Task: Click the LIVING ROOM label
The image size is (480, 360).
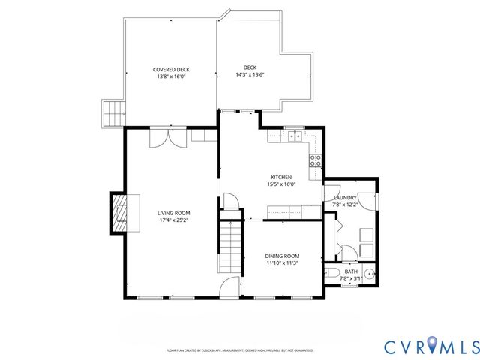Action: point(172,213)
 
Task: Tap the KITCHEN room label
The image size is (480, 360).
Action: point(281,178)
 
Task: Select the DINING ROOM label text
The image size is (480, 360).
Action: point(283,256)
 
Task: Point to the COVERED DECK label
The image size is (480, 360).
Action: point(171,69)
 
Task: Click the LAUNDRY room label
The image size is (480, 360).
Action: point(345,198)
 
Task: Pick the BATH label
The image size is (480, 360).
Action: point(351,271)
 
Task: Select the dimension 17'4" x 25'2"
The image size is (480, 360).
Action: point(172,220)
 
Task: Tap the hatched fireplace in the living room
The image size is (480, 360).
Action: point(120,212)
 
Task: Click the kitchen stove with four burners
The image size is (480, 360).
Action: point(316,160)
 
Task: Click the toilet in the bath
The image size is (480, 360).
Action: point(334,271)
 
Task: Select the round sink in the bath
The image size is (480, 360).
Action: point(368,272)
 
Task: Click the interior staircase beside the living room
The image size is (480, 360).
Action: point(232,247)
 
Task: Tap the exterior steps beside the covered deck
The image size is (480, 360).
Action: point(112,113)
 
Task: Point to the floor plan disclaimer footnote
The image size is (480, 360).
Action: point(240,350)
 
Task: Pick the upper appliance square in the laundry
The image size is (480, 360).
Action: point(367,232)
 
